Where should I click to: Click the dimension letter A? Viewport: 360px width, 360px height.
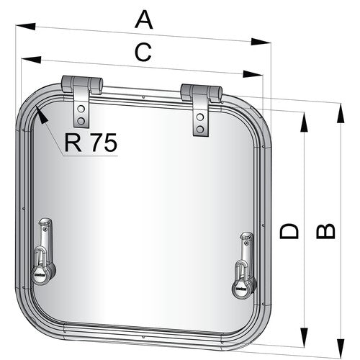(x=145, y=19)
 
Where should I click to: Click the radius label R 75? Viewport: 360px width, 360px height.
(x=90, y=143)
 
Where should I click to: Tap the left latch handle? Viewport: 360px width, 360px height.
(x=42, y=248)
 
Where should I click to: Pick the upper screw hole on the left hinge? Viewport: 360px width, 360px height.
(x=81, y=107)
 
